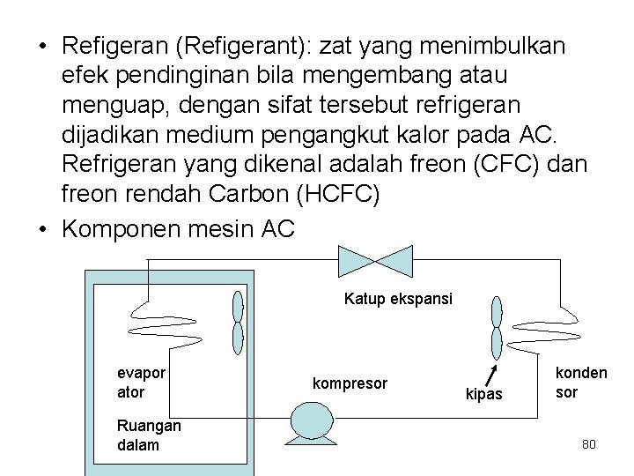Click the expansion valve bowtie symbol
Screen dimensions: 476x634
[x=376, y=260]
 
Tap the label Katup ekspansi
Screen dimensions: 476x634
[x=398, y=299]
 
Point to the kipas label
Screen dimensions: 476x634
[x=484, y=394]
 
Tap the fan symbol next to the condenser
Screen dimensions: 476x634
[x=497, y=327]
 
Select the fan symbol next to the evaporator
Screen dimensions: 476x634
[x=237, y=322]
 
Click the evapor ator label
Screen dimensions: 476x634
[x=141, y=382]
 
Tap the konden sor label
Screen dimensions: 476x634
[x=580, y=382]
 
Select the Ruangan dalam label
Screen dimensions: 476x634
[x=149, y=435]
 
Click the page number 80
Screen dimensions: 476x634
[x=589, y=444]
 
